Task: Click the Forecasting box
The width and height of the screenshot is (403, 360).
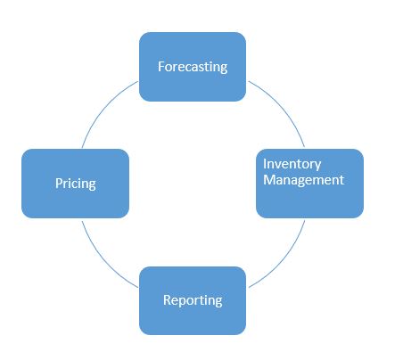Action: pyautogui.click(x=193, y=67)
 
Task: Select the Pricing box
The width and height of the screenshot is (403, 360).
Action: pyautogui.click(x=76, y=184)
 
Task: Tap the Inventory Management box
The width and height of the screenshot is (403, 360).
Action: pyautogui.click(x=309, y=184)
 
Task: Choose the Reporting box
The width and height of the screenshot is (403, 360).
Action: pyautogui.click(x=193, y=300)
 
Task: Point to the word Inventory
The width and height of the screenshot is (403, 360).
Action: pyautogui.click(x=292, y=164)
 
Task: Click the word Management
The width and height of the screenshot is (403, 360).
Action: pyautogui.click(x=304, y=180)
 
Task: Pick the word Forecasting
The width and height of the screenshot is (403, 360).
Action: pyautogui.click(x=193, y=67)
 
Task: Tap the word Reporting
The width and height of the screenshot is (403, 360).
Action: pyautogui.click(x=193, y=300)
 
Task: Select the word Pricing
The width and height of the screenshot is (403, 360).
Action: pyautogui.click(x=76, y=184)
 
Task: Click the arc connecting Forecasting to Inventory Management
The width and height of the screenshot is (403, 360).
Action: pyautogui.click(x=283, y=108)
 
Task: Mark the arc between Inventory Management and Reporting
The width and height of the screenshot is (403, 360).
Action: pyautogui.click(x=283, y=259)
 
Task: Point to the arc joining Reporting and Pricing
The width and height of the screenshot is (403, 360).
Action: pyautogui.click(x=104, y=259)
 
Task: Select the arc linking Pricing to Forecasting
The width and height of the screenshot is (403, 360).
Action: pyautogui.click(x=104, y=108)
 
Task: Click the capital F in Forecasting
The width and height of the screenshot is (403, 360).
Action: pyautogui.click(x=161, y=66)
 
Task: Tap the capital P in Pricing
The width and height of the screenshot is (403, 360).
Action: pyautogui.click(x=59, y=183)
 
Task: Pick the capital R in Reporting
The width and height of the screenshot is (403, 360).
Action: pyautogui.click(x=168, y=299)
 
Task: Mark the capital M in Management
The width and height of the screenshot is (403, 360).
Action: pyautogui.click(x=269, y=180)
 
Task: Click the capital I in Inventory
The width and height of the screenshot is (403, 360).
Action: pyautogui.click(x=265, y=164)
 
